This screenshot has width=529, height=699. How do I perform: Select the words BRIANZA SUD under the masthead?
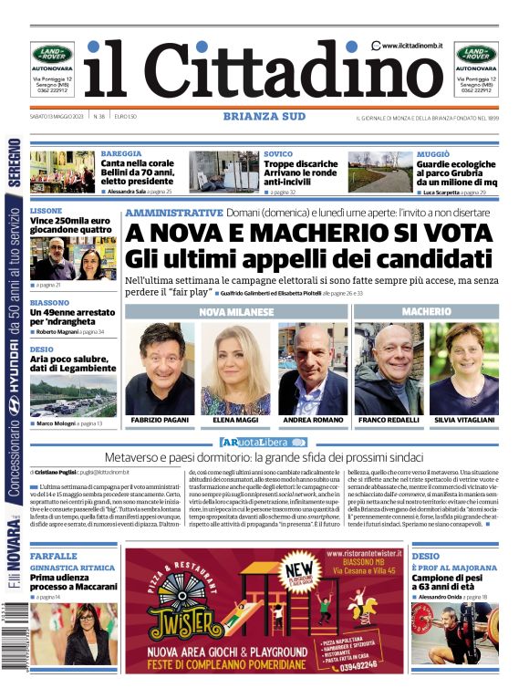click(x=265, y=116)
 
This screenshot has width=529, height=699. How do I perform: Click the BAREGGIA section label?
click(x=121, y=154)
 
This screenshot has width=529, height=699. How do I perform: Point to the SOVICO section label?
click(x=278, y=154)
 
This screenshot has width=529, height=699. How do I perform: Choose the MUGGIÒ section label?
click(x=433, y=154)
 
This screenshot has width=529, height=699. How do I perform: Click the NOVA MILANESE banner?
click(x=236, y=312)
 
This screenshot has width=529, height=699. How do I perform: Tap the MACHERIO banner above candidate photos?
click(x=426, y=312)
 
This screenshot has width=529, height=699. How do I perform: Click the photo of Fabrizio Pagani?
click(x=160, y=368)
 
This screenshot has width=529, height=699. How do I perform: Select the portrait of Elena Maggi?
click(x=235, y=368)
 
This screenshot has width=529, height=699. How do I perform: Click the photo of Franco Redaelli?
click(x=389, y=368)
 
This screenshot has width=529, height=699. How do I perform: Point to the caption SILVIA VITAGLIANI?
click(x=464, y=420)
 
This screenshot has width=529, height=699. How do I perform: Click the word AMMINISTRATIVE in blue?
click(x=173, y=212)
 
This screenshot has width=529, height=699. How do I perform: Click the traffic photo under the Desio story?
click(x=73, y=392)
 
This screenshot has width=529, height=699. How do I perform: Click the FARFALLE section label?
click(x=53, y=556)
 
